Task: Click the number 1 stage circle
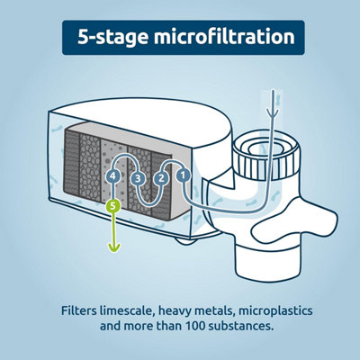(184, 175)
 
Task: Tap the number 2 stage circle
(161, 178)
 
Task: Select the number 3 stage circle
(138, 179)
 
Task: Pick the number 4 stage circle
(112, 176)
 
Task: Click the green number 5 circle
(112, 206)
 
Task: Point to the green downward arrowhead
(114, 247)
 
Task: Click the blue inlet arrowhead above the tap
(273, 113)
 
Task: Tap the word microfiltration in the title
(224, 37)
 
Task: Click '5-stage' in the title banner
(112, 38)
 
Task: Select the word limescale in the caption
(127, 310)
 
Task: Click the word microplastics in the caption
(275, 311)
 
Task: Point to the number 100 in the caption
(195, 326)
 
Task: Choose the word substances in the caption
(240, 326)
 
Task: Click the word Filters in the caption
(79, 310)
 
